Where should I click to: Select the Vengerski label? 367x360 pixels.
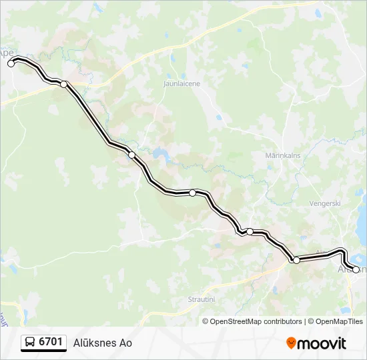[x=326, y=203]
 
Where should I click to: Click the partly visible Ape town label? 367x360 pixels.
[x=6, y=52]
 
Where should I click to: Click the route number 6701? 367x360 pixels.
[x=51, y=342]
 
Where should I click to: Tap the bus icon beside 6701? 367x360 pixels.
[x=30, y=343]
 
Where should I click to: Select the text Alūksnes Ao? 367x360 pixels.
[x=103, y=343]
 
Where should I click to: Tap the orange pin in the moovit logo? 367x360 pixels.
[x=292, y=343]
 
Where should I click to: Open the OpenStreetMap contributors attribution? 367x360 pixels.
[x=256, y=321]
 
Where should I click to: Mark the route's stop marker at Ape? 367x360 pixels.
[x=11, y=63]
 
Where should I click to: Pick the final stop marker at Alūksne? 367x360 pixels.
[x=356, y=269]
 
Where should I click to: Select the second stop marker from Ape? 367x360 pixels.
[x=63, y=84]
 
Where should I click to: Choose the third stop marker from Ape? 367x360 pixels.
[x=131, y=155]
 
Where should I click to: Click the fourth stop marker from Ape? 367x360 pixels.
[x=192, y=193]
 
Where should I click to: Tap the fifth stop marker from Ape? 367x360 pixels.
[x=250, y=232]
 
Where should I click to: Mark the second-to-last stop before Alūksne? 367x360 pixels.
[x=296, y=260]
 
